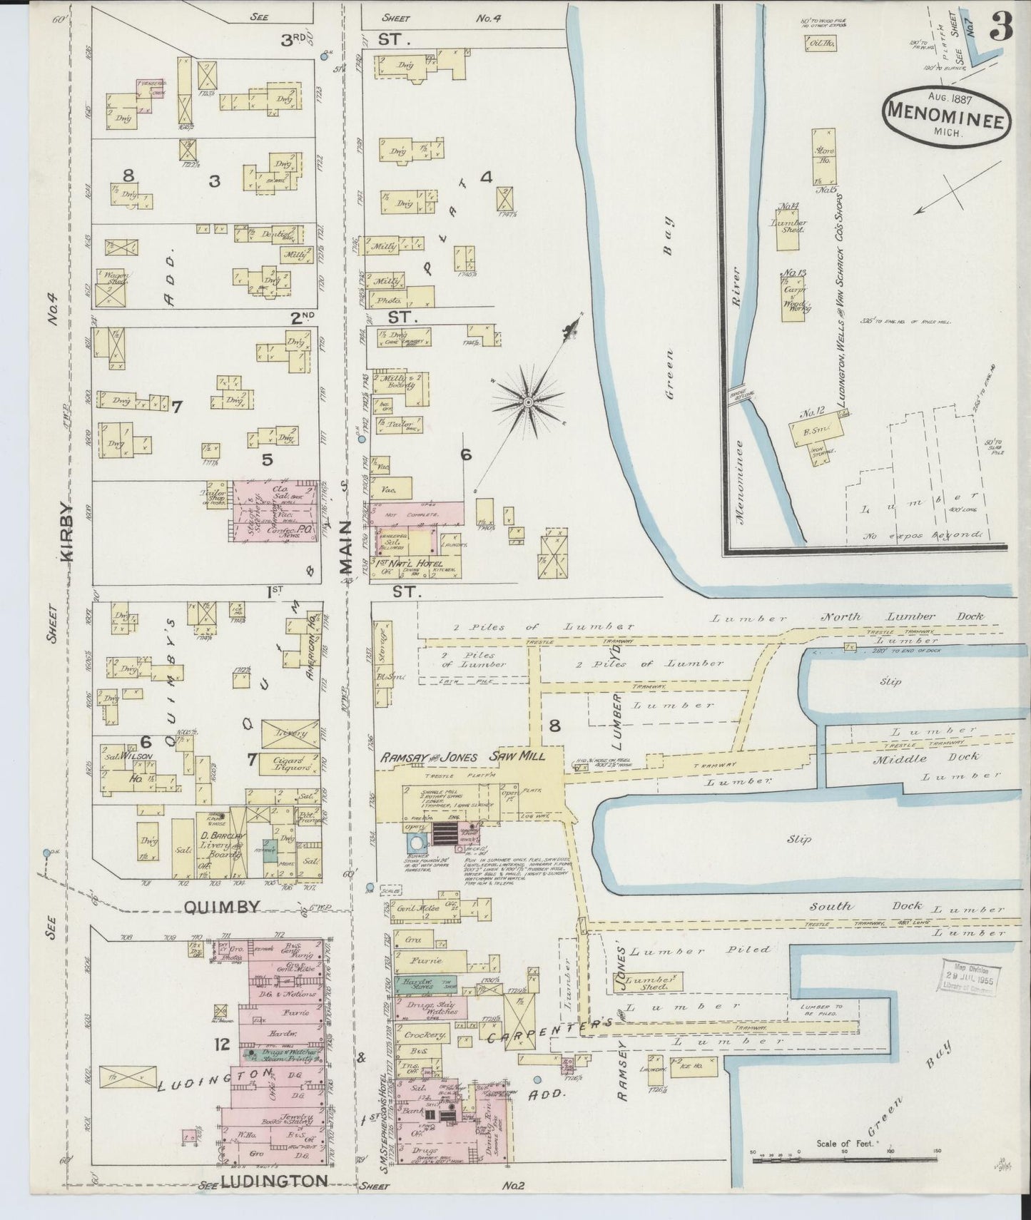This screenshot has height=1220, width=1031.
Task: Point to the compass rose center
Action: (x=528, y=403)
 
